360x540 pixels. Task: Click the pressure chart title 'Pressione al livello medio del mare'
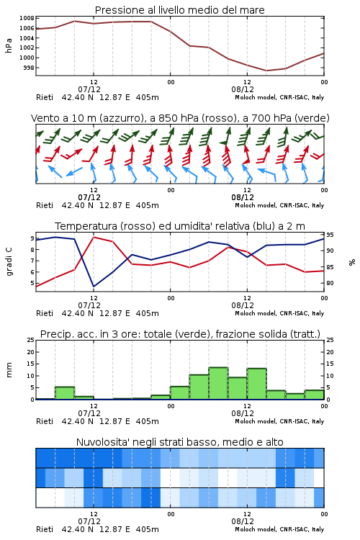click(179, 10)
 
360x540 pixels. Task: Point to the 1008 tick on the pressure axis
click(27, 18)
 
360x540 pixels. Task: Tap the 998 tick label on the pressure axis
click(29, 68)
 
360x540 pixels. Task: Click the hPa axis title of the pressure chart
click(9, 45)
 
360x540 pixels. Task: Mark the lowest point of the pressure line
click(266, 71)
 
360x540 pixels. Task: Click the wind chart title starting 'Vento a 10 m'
click(180, 118)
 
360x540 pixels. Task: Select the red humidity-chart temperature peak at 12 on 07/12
click(94, 238)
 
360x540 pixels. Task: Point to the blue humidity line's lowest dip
click(94, 286)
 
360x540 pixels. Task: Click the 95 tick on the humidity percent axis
click(330, 235)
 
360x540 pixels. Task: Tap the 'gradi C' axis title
click(9, 261)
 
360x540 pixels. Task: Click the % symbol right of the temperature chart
click(352, 262)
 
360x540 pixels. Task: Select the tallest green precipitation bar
click(218, 383)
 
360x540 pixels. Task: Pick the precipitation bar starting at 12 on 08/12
click(256, 384)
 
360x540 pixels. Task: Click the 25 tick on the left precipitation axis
click(31, 340)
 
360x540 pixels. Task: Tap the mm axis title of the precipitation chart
click(9, 369)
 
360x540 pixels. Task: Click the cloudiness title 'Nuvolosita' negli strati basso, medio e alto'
click(179, 442)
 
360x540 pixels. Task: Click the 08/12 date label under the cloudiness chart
click(243, 521)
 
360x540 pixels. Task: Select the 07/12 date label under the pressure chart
click(89, 89)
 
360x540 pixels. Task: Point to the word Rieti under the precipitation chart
click(45, 421)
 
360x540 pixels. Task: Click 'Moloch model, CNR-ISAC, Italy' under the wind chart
click(279, 205)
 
